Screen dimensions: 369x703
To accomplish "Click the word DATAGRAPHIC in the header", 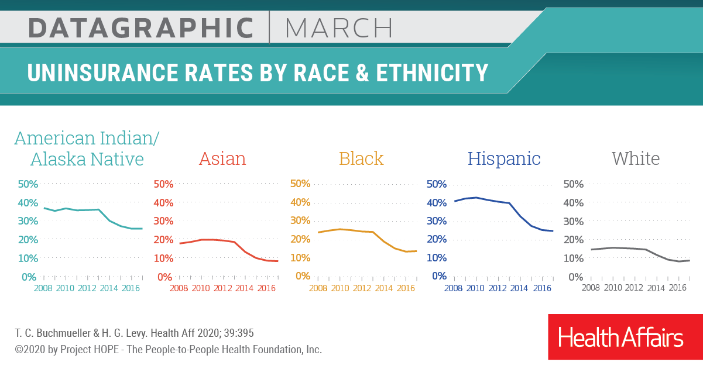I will [141, 28].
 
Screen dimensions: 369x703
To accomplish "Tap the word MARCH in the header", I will [339, 28].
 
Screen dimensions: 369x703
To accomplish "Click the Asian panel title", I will [222, 159].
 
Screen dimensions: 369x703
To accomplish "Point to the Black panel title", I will [361, 159].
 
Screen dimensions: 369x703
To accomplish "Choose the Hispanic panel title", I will [503, 159].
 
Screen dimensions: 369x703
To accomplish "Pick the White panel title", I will [636, 159].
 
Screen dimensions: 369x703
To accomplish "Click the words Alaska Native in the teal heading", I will [87, 159].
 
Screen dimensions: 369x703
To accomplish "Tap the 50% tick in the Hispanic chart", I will [437, 184].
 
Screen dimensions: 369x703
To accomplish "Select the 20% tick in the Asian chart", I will [163, 240].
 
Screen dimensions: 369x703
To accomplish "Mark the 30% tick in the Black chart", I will [300, 221].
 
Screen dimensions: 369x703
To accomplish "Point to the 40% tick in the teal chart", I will [28, 203].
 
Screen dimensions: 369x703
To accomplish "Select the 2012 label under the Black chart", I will [362, 288].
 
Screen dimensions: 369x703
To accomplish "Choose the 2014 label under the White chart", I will [656, 288].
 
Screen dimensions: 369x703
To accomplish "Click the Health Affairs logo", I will [620, 338].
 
